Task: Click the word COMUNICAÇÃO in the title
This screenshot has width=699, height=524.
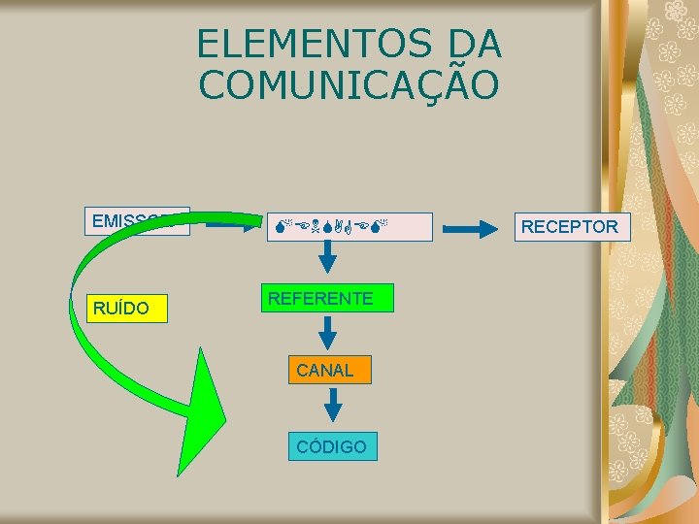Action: click(349, 84)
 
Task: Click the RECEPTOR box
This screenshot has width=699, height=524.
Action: click(570, 227)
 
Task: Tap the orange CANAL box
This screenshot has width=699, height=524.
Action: click(328, 370)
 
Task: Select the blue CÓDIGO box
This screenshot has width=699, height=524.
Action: click(332, 446)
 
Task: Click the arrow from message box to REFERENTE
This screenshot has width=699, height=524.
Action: click(328, 257)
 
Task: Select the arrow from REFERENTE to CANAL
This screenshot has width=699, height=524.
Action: click(328, 333)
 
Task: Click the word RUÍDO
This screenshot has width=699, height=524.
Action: click(121, 310)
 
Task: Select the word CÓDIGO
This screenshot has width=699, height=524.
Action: click(332, 447)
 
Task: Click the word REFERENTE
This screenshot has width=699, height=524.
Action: click(320, 298)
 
